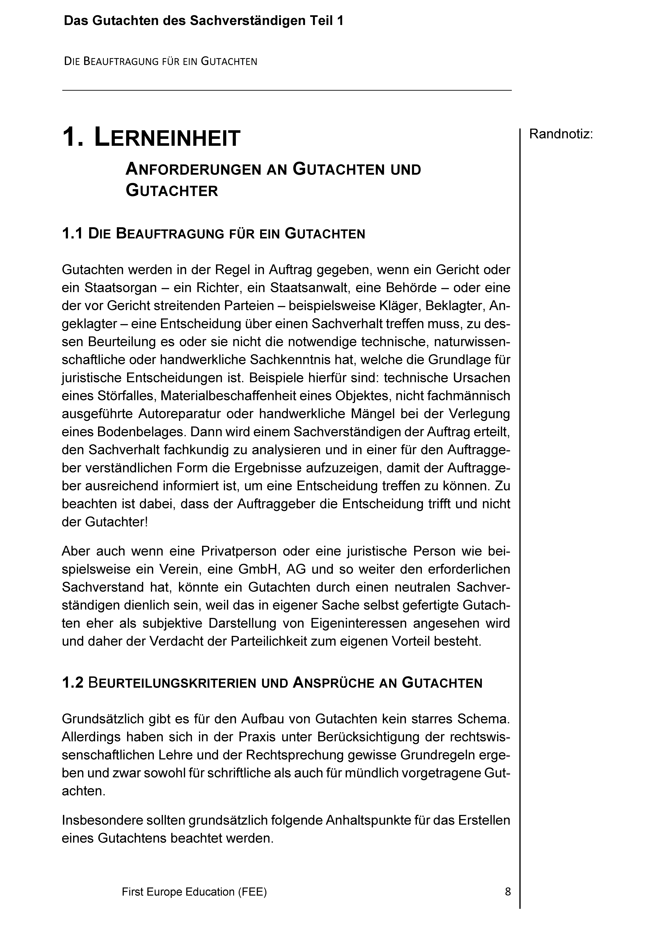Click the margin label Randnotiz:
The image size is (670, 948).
(561, 134)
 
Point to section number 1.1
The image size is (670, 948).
(73, 234)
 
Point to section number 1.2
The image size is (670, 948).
(73, 683)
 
